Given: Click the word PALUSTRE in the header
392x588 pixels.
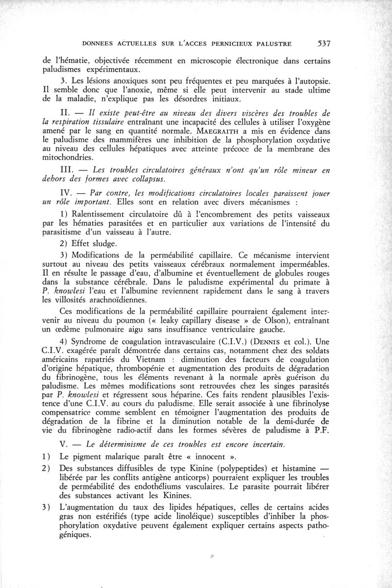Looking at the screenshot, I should tap(271, 44).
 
